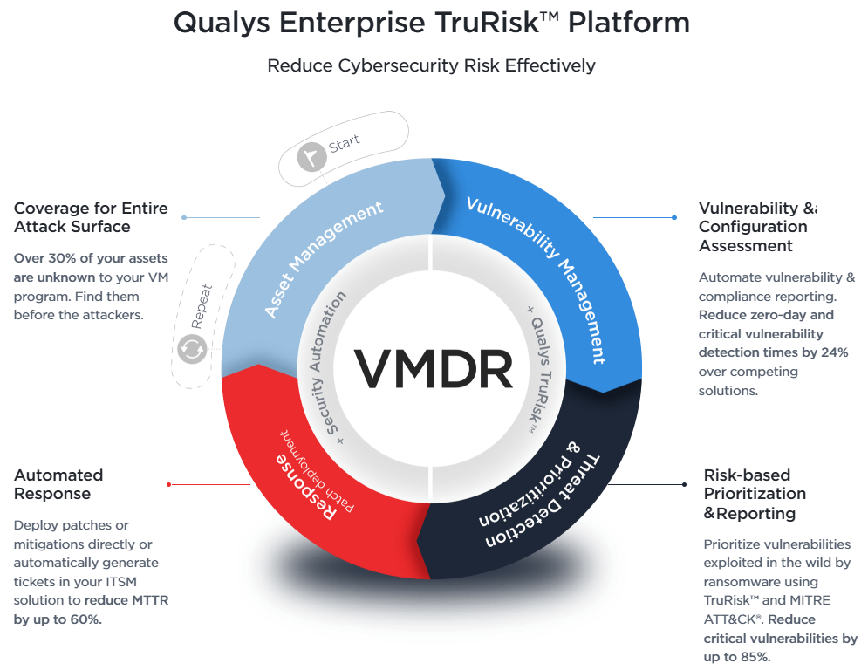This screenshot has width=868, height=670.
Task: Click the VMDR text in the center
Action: pyautogui.click(x=434, y=368)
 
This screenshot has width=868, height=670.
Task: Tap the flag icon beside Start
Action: pyautogui.click(x=311, y=158)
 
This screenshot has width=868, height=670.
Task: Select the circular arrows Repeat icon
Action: pyautogui.click(x=191, y=350)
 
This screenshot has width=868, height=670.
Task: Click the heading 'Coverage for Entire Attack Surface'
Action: pyautogui.click(x=91, y=217)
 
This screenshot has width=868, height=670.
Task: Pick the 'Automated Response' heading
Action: pyautogui.click(x=58, y=484)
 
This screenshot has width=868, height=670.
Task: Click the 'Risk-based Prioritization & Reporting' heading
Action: pyautogui.click(x=755, y=494)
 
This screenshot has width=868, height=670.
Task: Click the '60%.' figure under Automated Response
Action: pyautogui.click(x=82, y=619)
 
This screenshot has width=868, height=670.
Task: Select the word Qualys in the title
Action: pyautogui.click(x=226, y=23)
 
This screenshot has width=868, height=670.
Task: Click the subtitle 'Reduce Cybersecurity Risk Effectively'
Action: pyautogui.click(x=431, y=65)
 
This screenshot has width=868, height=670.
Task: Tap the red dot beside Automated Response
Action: pyautogui.click(x=168, y=484)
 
